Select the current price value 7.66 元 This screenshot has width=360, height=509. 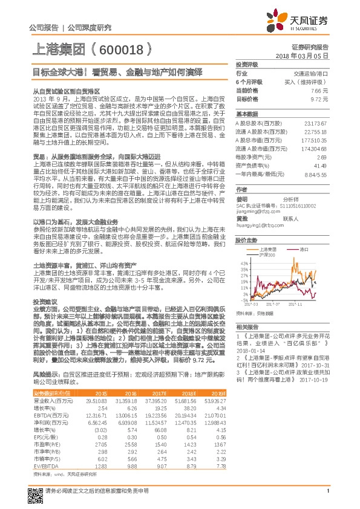click(x=319, y=90)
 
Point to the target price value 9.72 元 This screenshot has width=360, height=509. click(x=319, y=98)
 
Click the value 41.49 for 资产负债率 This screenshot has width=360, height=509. click(x=321, y=165)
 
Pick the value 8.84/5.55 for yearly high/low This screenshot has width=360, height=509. click(x=317, y=173)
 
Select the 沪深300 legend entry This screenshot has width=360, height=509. click(x=267, y=255)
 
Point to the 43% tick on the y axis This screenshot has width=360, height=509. click(x=243, y=264)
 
